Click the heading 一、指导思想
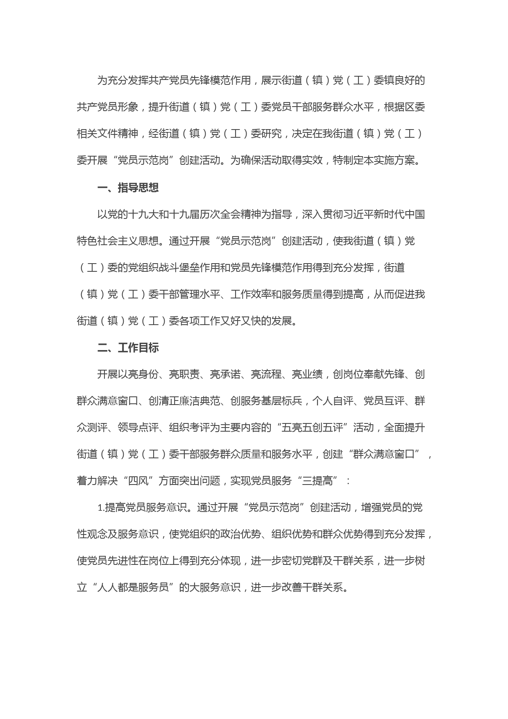tap(128, 188)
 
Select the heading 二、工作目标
tap(128, 348)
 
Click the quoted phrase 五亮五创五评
tap(312, 428)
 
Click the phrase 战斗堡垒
tap(169, 268)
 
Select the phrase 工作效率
tap(251, 294)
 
